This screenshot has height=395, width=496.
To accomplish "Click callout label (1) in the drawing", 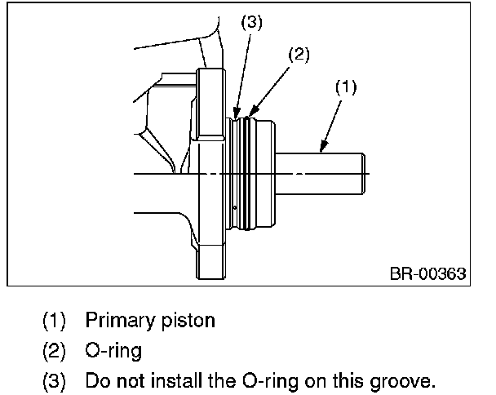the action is tap(346, 87).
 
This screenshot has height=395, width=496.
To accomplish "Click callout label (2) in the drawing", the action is tap(299, 55).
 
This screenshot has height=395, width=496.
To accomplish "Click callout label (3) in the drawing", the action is tap(252, 23).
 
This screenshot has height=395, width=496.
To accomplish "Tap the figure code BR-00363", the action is tap(428, 273).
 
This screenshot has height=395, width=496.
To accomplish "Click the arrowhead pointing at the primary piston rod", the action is tap(323, 147).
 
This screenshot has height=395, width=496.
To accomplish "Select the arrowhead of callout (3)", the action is tap(237, 113).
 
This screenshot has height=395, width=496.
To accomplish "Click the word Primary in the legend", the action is tap(122, 321).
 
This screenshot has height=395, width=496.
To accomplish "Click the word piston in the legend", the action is tap(188, 321).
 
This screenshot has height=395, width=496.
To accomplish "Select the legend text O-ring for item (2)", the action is tap(113, 351).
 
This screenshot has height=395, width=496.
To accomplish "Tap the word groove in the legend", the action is tap(401, 381).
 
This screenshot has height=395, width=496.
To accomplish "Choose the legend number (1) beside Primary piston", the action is tap(54, 321).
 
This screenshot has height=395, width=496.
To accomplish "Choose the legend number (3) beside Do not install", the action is tap(54, 381).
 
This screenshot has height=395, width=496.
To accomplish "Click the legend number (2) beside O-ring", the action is tap(54, 351).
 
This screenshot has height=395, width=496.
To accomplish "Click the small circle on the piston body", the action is tap(235, 208).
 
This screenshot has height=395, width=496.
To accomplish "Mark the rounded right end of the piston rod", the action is tap(363, 174).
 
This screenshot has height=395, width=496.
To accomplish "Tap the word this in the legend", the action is tap(348, 380).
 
